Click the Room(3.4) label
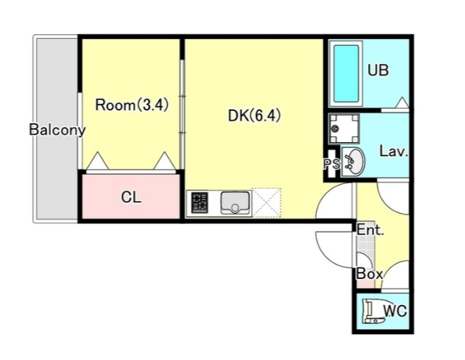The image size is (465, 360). (132, 105)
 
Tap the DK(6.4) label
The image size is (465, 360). (254, 115)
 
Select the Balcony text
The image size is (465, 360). (57, 130)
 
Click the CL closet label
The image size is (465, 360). (131, 197)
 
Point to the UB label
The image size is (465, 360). (378, 70)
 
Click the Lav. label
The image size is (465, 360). (394, 151)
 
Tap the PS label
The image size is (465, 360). (332, 164)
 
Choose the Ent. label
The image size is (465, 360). (370, 230)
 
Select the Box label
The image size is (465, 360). (370, 274)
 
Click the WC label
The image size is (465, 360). (396, 311)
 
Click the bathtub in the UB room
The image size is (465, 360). (346, 73)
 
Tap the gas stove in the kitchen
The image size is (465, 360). (199, 203)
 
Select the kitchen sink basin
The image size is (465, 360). (235, 203)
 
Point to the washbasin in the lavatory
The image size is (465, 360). (353, 162)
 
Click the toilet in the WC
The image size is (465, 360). (374, 311)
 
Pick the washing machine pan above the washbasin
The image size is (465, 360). (344, 128)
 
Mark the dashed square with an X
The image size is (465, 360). (266, 203)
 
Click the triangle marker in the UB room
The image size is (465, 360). (402, 102)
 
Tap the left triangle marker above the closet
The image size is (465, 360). (98, 161)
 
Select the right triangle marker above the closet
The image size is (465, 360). (165, 161)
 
